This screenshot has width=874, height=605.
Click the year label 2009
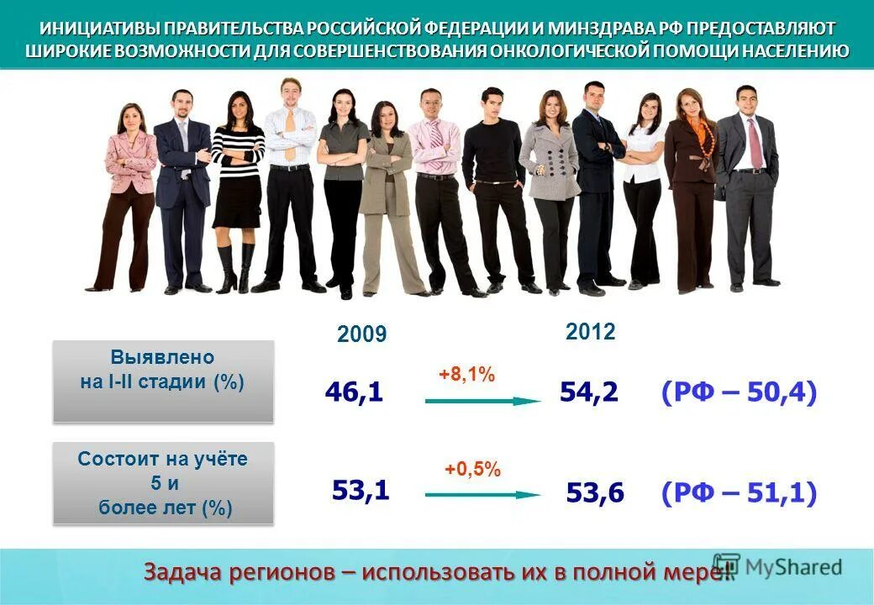361,335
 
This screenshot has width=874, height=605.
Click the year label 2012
591,332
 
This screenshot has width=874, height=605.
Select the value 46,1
354,392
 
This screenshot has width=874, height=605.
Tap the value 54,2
589,392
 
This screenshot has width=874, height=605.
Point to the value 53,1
361,489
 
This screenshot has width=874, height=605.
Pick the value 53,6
595,492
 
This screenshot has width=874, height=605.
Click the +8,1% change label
466,376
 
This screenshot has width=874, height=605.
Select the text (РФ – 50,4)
739,392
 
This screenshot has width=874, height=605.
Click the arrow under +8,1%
483,402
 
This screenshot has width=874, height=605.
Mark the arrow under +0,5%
483,495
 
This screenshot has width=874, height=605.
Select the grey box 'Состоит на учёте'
163,483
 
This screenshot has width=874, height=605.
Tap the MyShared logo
777,566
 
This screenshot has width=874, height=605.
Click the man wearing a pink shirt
435,189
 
